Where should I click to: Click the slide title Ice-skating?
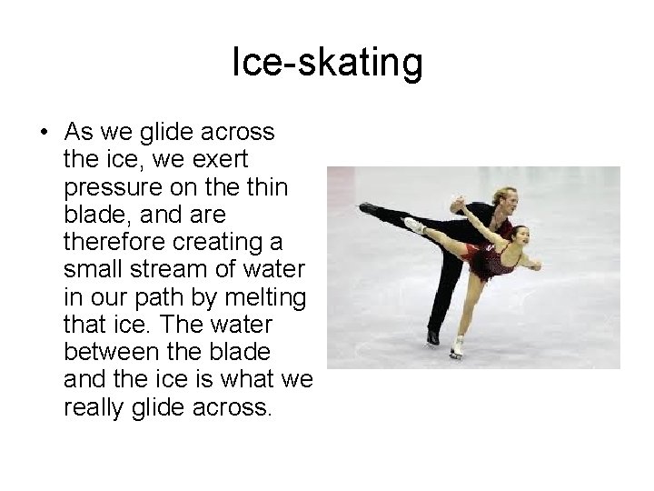(x=327, y=63)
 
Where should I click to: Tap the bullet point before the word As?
(x=44, y=133)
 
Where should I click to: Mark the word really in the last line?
(x=95, y=406)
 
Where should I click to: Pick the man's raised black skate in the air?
(x=370, y=209)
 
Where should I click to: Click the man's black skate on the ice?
(x=434, y=336)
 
